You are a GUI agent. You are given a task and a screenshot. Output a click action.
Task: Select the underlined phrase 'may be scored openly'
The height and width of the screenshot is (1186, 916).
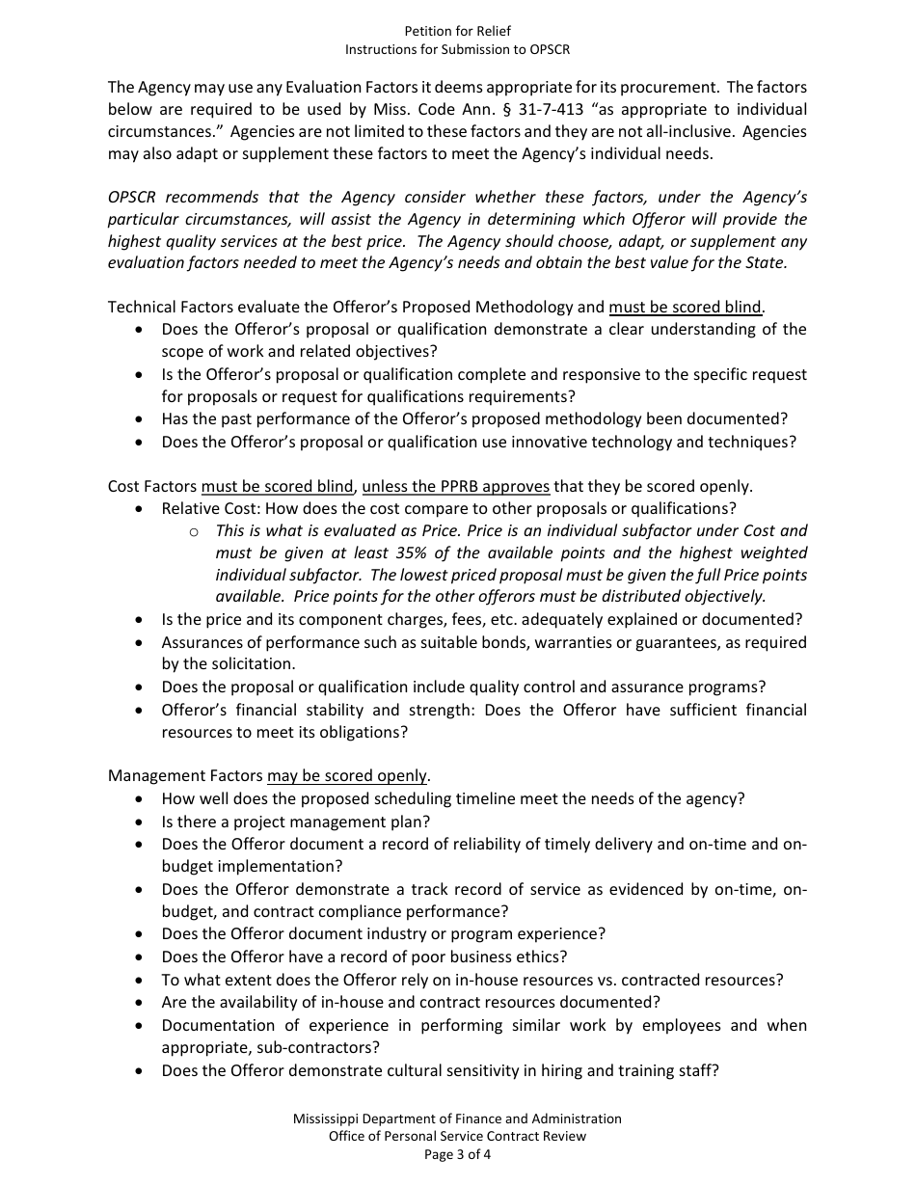coord(347,775)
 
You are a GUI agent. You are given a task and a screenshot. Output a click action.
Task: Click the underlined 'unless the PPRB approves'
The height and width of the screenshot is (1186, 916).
coord(455,486)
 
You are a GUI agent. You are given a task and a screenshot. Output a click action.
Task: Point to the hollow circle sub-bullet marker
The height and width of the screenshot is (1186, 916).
coord(193,531)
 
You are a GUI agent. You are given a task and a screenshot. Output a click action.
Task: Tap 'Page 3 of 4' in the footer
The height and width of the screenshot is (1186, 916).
coord(458,1153)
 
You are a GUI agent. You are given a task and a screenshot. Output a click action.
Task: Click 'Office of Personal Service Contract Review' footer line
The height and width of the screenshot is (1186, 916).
coord(457,1136)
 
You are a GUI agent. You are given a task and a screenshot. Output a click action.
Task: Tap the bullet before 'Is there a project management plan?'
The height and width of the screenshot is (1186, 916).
coord(141,822)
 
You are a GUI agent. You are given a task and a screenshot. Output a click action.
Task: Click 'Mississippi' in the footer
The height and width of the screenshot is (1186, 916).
coord(331,1119)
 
